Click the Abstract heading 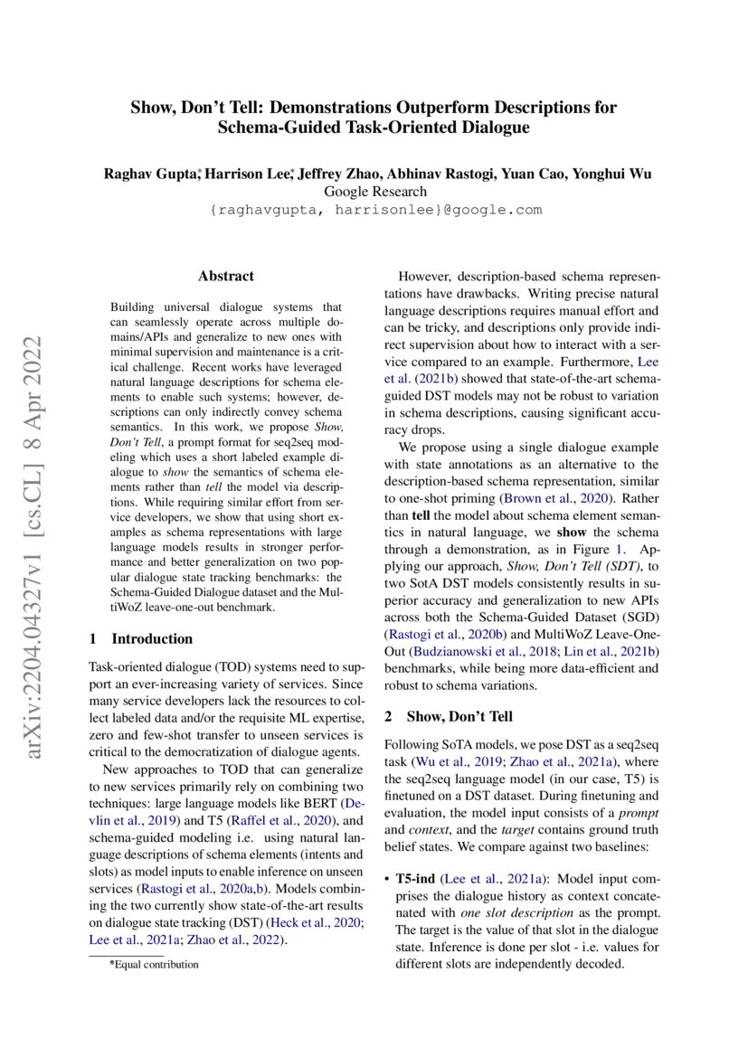tap(226, 277)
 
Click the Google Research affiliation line tap(374, 192)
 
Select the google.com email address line tap(374, 210)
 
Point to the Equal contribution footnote tap(154, 964)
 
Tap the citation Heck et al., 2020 tap(320, 921)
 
